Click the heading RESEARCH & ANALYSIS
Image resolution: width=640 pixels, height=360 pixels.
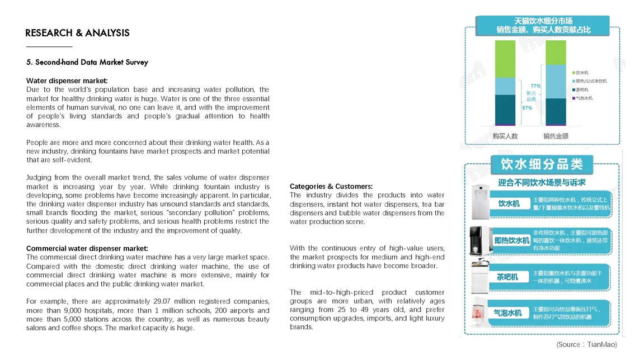[x=77, y=33]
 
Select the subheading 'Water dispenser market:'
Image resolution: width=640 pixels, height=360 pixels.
[x=67, y=80]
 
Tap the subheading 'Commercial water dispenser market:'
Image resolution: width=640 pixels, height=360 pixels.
[x=87, y=248]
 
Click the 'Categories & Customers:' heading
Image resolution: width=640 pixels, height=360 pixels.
[x=331, y=186]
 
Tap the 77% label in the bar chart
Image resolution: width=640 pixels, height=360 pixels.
[x=535, y=86]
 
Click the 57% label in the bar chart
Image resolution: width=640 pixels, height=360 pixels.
[x=527, y=108]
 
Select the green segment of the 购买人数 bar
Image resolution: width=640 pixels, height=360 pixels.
[x=505, y=59]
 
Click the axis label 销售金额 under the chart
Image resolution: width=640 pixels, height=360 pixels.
[x=556, y=136]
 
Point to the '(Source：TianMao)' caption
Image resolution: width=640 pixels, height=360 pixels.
[x=586, y=344]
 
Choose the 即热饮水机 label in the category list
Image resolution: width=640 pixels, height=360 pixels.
[x=511, y=240]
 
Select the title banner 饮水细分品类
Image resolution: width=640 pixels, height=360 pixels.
[x=542, y=164]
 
